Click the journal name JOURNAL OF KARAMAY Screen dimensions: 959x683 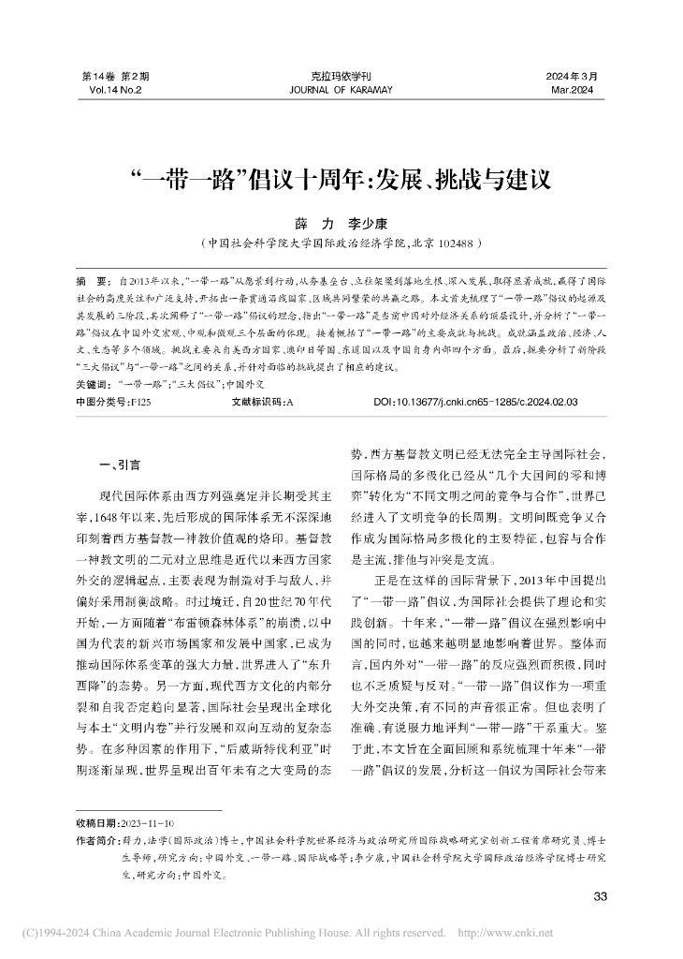tap(341, 90)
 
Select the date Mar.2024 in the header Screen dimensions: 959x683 tap(572, 90)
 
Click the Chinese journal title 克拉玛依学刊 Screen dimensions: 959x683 tap(341, 76)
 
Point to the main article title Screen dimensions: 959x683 tap(341, 177)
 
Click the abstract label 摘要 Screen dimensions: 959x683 tap(91, 280)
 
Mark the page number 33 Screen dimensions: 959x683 tap(601, 897)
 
